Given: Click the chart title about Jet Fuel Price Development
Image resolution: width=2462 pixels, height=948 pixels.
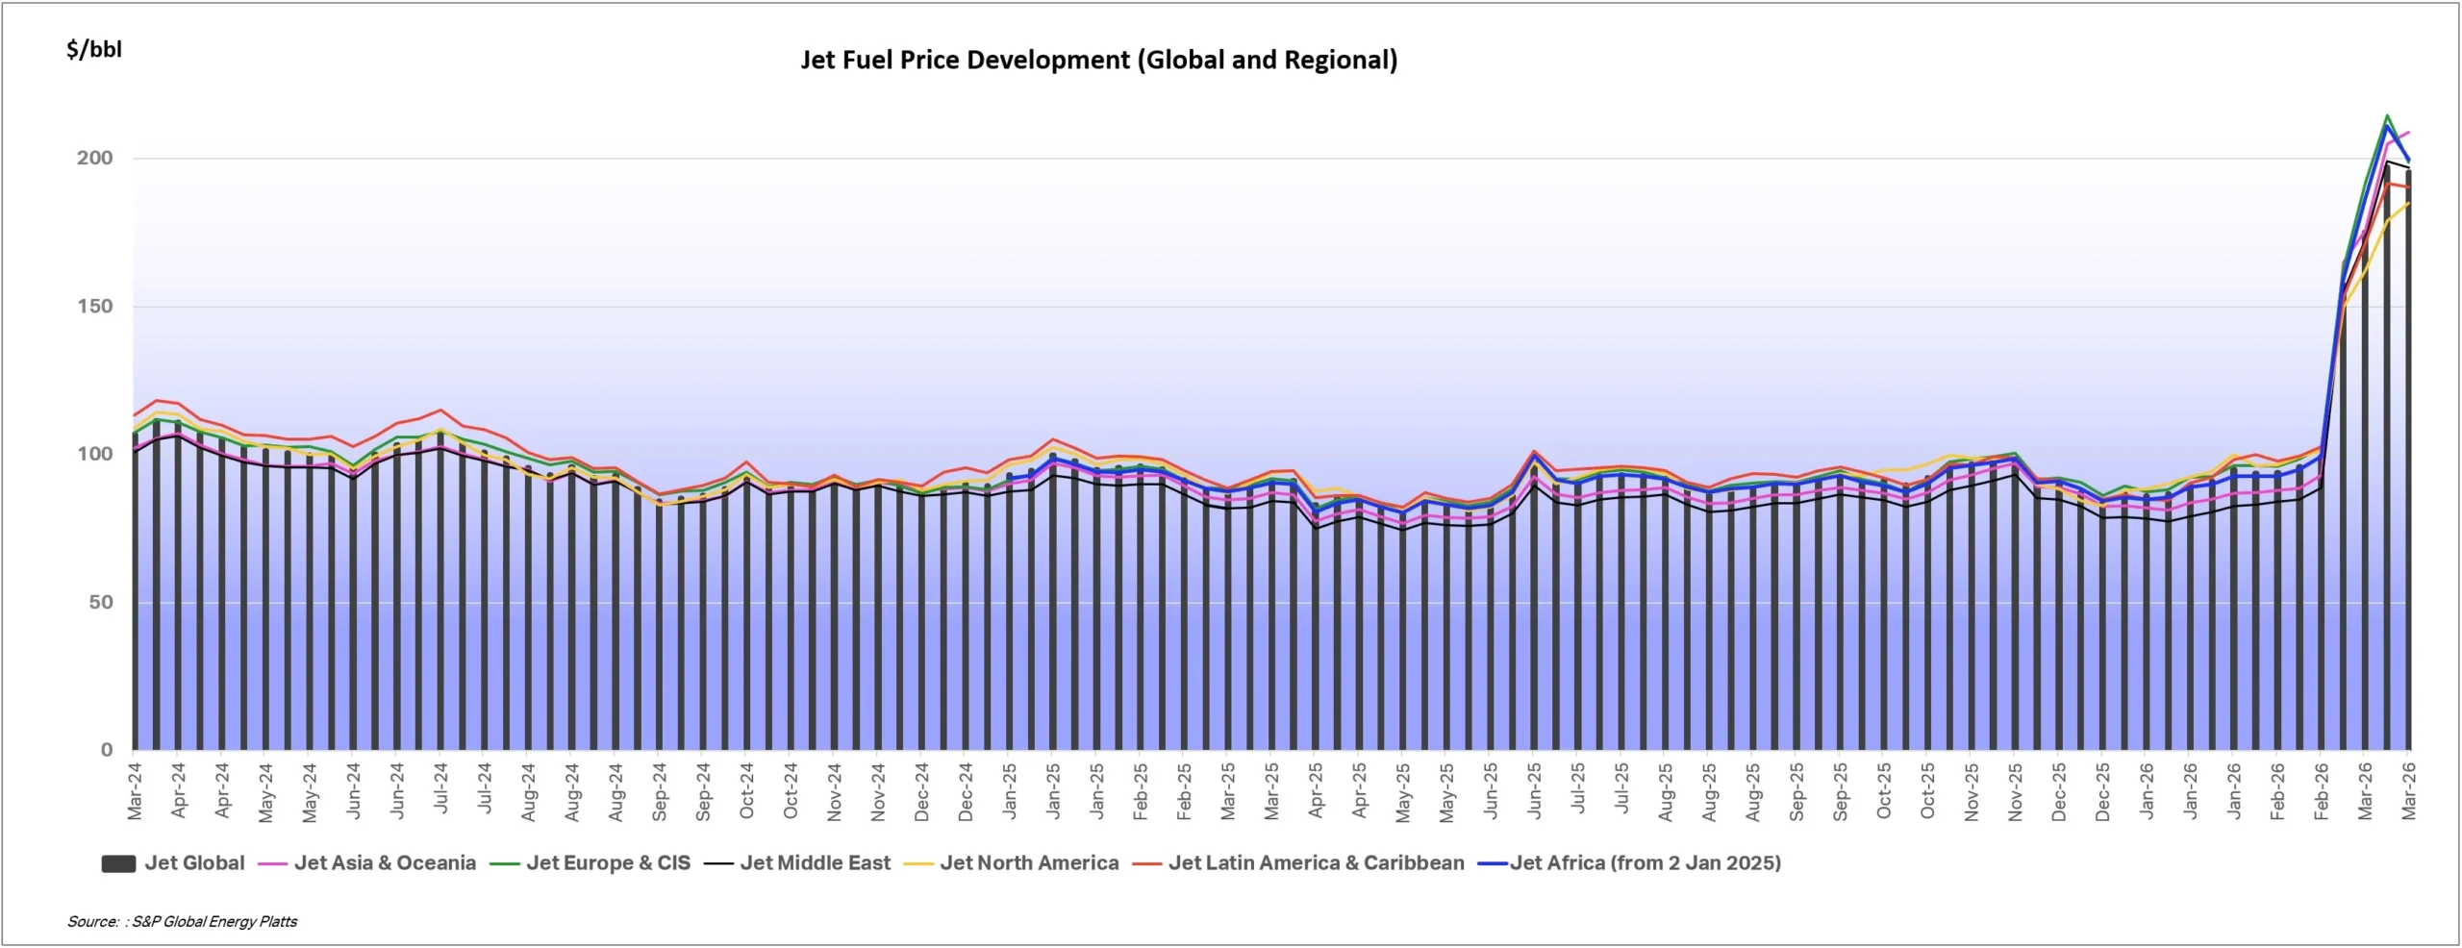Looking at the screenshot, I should [1098, 61].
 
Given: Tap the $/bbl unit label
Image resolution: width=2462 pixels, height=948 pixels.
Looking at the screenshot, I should [94, 50].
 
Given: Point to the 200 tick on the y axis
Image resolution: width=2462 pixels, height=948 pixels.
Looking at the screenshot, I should [94, 158].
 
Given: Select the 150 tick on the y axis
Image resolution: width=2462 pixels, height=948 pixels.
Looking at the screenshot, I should [94, 307].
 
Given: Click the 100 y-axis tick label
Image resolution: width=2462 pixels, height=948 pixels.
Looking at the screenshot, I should [94, 454].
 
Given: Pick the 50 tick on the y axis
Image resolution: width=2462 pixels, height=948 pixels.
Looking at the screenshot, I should [100, 603].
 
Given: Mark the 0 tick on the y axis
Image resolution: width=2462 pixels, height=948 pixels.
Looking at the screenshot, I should [107, 750].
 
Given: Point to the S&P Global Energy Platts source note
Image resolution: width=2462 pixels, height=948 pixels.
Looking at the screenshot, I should [183, 922].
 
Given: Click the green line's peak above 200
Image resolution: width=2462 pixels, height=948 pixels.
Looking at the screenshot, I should [2387, 116].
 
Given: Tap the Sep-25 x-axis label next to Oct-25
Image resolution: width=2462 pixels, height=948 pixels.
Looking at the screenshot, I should [1840, 791].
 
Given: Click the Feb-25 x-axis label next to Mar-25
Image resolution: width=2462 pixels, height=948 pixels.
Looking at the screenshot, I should [1184, 791].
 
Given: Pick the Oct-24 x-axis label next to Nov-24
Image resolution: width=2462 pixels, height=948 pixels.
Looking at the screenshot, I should [791, 791].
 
